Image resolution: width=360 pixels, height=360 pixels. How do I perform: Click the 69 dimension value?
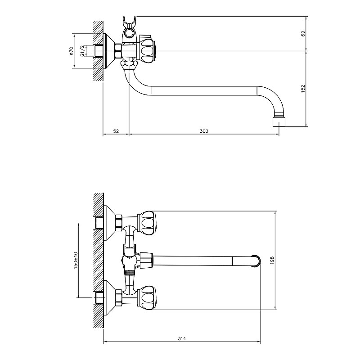[x=303, y=33]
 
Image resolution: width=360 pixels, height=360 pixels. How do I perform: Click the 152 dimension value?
[x=303, y=89]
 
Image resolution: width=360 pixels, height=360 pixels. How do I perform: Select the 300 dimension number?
[x=204, y=131]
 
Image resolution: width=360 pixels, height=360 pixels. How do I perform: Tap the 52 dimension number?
[x=116, y=131]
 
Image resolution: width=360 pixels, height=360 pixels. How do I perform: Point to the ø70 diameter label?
[x=71, y=51]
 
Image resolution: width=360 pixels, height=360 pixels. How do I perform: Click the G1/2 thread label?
[x=82, y=51]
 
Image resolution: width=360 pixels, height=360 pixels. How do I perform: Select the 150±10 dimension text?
[x=76, y=261]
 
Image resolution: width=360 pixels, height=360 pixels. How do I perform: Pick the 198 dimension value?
[x=272, y=261]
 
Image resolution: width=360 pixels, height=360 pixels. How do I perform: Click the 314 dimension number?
[x=182, y=339]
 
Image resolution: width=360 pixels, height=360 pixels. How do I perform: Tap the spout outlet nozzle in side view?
[x=279, y=122]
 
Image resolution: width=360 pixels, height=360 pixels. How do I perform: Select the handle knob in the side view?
[x=147, y=51]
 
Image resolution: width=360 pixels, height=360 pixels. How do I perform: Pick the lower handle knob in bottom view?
[x=147, y=297]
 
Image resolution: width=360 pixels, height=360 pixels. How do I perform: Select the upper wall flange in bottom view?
[x=109, y=223]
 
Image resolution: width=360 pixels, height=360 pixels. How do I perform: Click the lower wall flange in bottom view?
[x=109, y=298]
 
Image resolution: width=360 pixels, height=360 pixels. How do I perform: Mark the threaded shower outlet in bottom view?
[x=129, y=273]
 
